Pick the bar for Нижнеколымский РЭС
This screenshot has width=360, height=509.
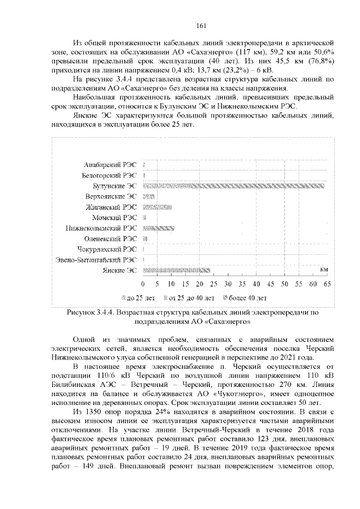(x=151, y=228)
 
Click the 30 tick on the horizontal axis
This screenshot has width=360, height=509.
(x=228, y=283)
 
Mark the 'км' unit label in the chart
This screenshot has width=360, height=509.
(x=323, y=270)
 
